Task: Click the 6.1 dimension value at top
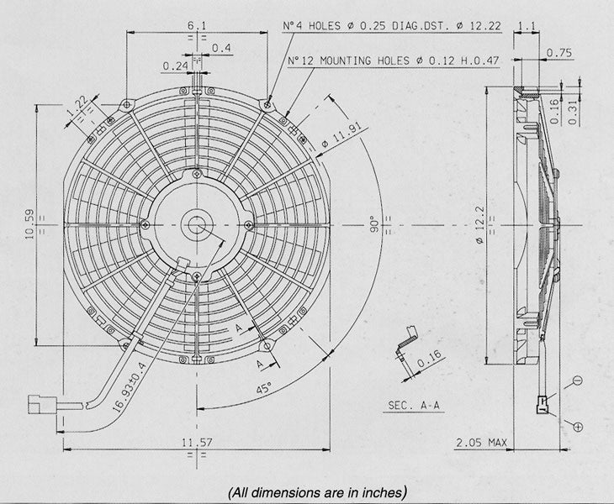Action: click(195, 26)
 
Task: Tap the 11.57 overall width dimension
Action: click(195, 442)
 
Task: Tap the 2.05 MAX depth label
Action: click(481, 442)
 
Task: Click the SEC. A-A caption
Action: click(415, 406)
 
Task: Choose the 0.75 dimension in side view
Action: click(560, 53)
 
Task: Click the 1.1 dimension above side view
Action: click(528, 26)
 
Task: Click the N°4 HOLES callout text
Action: click(392, 26)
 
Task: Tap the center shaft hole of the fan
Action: click(197, 224)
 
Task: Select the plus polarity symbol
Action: click(577, 428)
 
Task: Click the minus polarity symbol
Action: click(577, 381)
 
